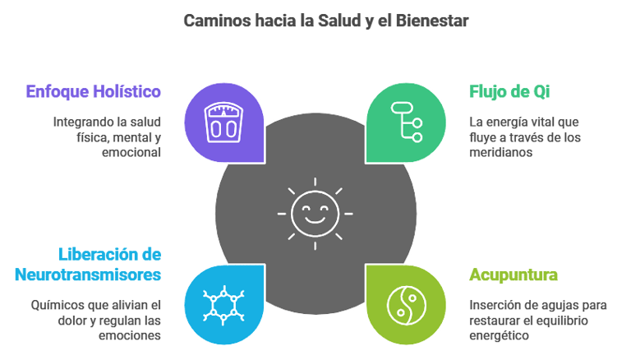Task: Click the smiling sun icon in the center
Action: tap(315, 213)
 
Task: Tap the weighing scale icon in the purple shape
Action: tap(223, 121)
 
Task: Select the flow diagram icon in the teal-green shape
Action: tap(405, 121)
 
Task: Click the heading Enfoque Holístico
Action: tap(93, 91)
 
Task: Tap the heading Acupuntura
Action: tap(514, 275)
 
